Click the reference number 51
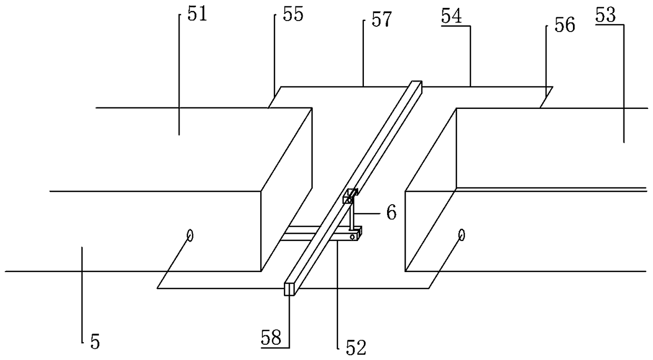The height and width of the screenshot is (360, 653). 196,14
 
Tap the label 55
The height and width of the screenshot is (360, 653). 292,15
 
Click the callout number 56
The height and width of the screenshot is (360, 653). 564,25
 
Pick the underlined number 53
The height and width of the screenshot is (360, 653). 606,16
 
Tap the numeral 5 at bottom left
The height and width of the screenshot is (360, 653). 94,342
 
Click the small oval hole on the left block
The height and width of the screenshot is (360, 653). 190,235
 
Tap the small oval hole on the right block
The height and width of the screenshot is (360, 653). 461,235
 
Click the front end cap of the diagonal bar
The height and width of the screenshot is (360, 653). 289,289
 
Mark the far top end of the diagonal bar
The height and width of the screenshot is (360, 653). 417,83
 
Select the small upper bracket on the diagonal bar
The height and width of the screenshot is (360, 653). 350,197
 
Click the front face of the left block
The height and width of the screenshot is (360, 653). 158,231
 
